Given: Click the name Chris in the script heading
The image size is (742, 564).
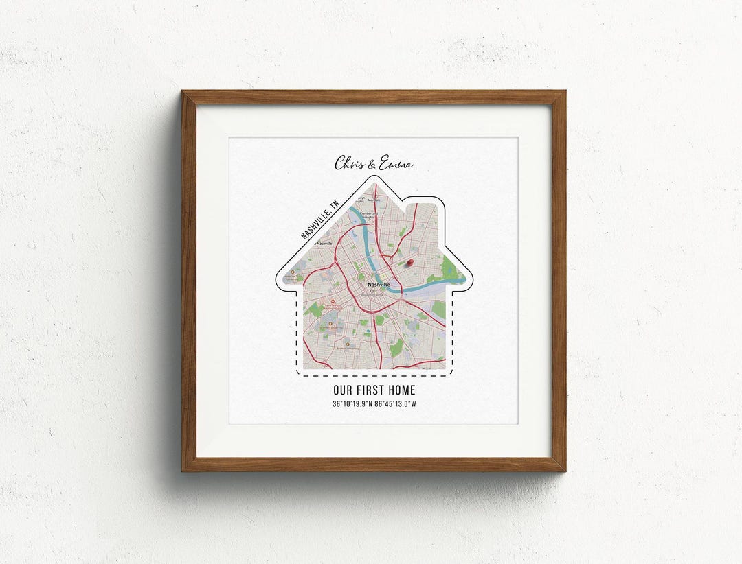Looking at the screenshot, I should pos(350,164).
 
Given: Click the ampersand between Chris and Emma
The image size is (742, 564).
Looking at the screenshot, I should pos(373,164).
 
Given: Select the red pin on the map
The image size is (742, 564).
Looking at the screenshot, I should pos(411,262).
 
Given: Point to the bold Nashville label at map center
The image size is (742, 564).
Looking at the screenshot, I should pos(378,284).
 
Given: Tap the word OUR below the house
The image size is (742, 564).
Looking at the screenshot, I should pos(344,390).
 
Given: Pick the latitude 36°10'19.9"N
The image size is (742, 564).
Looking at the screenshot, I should pos(353,403).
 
